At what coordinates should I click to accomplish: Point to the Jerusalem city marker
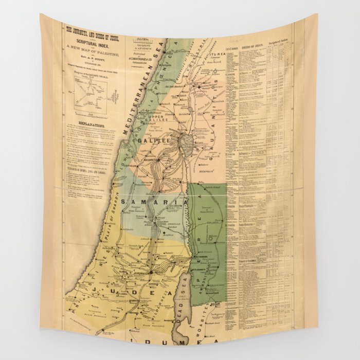pos(152,272)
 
